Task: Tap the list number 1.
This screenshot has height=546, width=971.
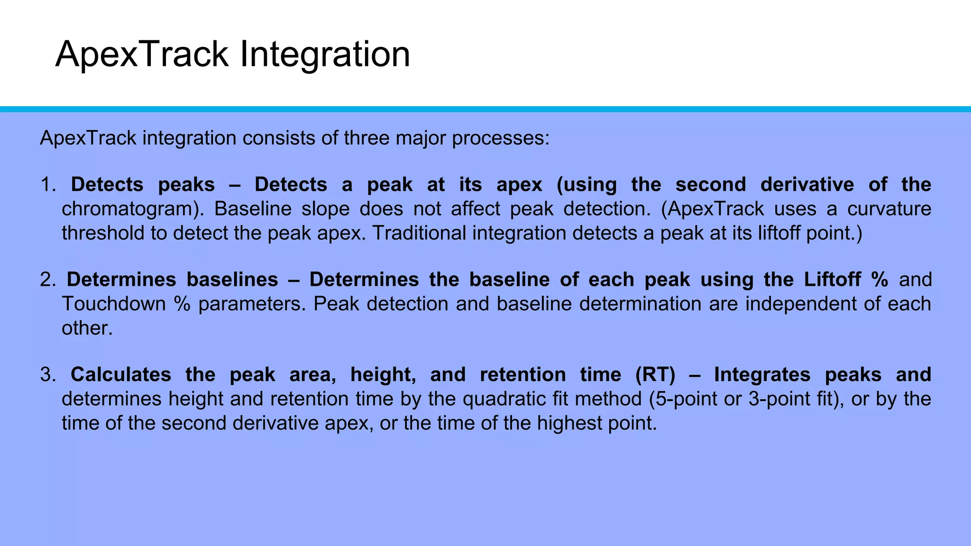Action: (47, 185)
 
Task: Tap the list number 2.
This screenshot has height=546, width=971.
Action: (47, 280)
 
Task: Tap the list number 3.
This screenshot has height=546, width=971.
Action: (47, 375)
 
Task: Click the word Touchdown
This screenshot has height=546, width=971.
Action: (113, 304)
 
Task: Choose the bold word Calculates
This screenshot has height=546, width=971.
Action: (121, 375)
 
